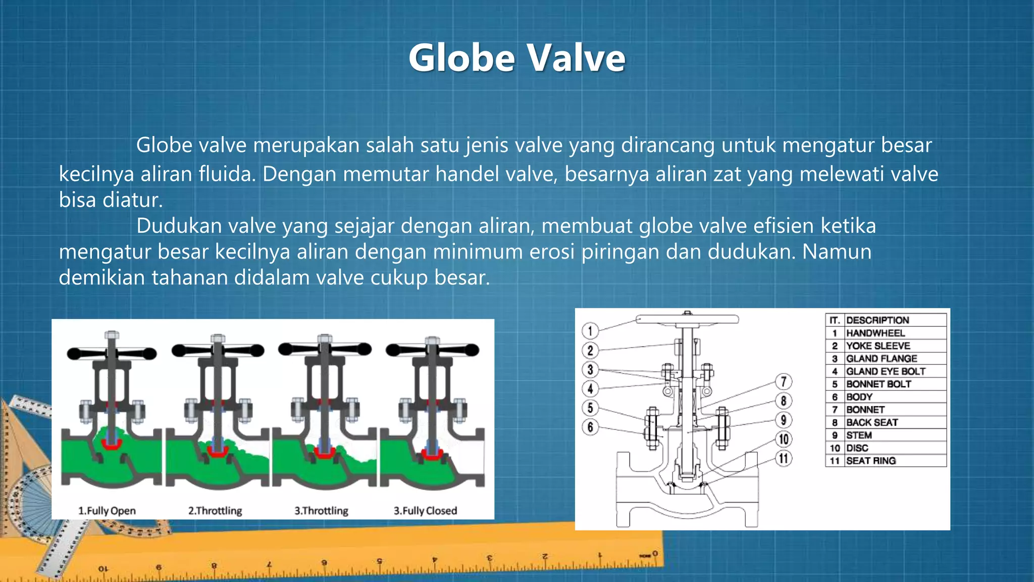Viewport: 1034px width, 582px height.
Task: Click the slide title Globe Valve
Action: tap(516, 58)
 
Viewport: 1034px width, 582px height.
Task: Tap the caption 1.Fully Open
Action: tap(107, 511)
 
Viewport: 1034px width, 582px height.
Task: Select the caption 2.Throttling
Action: tap(215, 511)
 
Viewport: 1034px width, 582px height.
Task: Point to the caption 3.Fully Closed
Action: tap(425, 511)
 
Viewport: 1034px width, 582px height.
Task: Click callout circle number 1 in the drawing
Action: tap(590, 331)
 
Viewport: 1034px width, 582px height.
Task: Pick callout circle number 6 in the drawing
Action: tap(590, 427)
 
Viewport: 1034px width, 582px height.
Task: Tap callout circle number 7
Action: tap(783, 381)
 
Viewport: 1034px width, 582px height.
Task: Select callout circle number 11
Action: tap(783, 458)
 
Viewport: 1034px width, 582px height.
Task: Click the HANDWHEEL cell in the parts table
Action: tap(875, 333)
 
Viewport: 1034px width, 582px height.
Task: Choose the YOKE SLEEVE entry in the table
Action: tap(878, 346)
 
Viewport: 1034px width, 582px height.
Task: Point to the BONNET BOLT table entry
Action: tap(878, 384)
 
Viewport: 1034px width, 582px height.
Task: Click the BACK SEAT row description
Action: tap(872, 422)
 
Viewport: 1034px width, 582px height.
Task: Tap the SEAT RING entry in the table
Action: tap(871, 461)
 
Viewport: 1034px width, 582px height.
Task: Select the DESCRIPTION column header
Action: tap(877, 320)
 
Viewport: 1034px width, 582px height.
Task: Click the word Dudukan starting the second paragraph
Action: tap(179, 226)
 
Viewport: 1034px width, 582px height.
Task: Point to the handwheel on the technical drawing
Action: tap(687, 319)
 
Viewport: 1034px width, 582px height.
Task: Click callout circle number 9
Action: tap(783, 420)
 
